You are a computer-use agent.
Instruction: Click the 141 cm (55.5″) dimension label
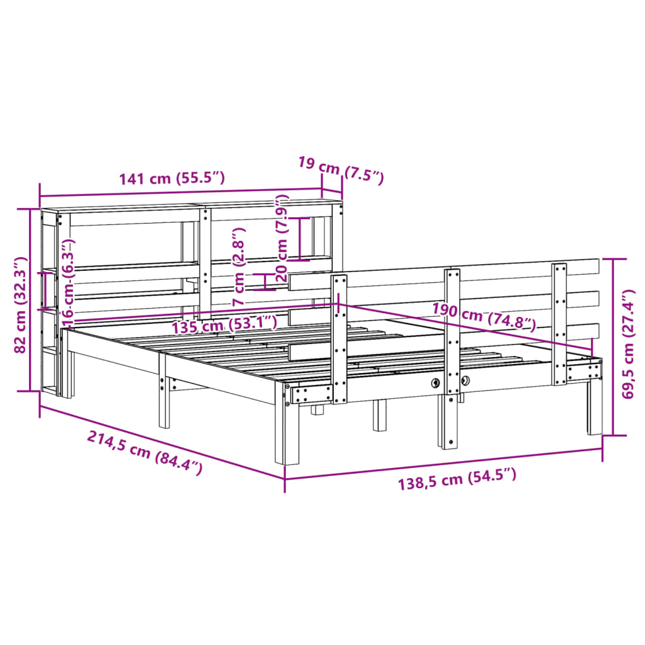(172, 178)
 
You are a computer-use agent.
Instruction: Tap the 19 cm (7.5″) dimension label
(340, 169)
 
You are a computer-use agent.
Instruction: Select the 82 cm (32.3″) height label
(20, 305)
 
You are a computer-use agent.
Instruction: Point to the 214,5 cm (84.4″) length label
(145, 452)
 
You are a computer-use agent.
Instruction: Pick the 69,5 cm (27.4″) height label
(628, 344)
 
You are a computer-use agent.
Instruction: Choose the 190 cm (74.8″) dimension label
(484, 317)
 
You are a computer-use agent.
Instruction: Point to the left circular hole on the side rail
(435, 382)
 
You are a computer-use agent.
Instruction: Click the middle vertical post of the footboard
(452, 353)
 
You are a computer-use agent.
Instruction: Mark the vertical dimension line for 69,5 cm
(614, 346)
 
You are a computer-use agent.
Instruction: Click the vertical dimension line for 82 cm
(30, 300)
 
